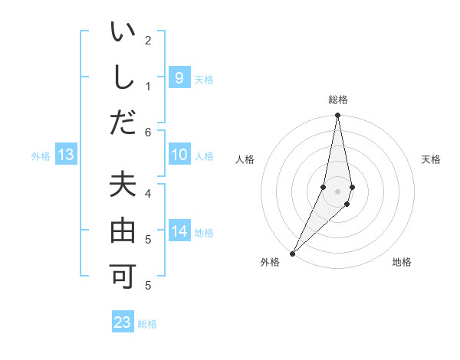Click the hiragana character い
pyautogui.click(x=123, y=34)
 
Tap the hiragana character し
pyautogui.click(x=123, y=79)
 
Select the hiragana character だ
pyautogui.click(x=123, y=122)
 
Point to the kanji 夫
pyautogui.click(x=123, y=186)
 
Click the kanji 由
pyautogui.click(x=123, y=231)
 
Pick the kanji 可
pyautogui.click(x=123, y=273)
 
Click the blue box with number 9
pyautogui.click(x=179, y=78)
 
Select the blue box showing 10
pyautogui.click(x=179, y=155)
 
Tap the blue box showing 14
pyautogui.click(x=179, y=231)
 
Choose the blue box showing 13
pyautogui.click(x=65, y=155)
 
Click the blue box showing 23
pyautogui.click(x=123, y=322)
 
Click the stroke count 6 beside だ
pyautogui.click(x=148, y=132)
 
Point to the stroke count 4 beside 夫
pyautogui.click(x=148, y=193)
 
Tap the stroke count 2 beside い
pyautogui.click(x=148, y=40)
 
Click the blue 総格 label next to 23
pyautogui.click(x=147, y=324)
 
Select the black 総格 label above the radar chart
pyautogui.click(x=337, y=100)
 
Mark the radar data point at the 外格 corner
pyautogui.click(x=293, y=252)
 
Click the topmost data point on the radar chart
pyautogui.click(x=337, y=116)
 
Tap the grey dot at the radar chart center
pyautogui.click(x=337, y=191)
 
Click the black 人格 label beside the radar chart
pyautogui.click(x=245, y=159)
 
